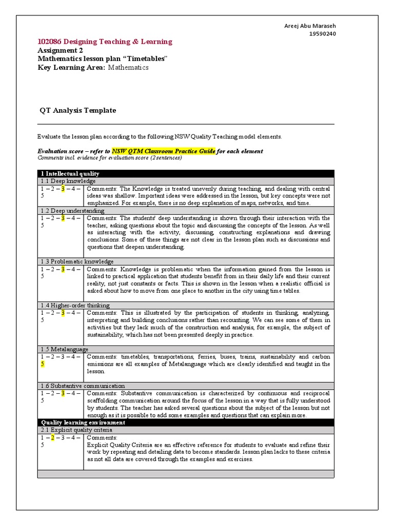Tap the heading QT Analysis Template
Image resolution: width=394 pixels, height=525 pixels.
pyautogui.click(x=78, y=110)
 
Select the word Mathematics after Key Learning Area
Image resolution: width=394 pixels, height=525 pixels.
pyautogui.click(x=128, y=67)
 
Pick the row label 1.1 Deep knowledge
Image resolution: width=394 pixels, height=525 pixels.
pyautogui.click(x=68, y=181)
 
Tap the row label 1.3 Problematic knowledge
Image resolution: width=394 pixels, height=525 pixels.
pyautogui.click(x=77, y=261)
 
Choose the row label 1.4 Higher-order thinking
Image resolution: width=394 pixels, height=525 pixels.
pyautogui.click(x=75, y=305)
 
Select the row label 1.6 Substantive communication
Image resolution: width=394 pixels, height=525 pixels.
pyautogui.click(x=82, y=386)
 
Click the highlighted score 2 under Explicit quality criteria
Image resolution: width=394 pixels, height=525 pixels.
pyautogui.click(x=52, y=438)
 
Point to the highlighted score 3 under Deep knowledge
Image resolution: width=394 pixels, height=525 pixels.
pyautogui.click(x=63, y=189)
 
